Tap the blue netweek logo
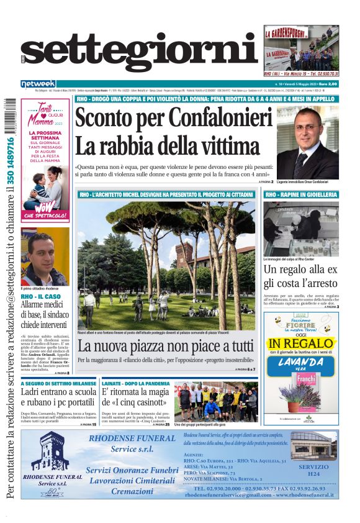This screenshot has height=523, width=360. pos(38,84)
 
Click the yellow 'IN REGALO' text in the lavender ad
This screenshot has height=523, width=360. pos(302,343)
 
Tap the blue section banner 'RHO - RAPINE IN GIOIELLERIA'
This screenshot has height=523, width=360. pos(301,195)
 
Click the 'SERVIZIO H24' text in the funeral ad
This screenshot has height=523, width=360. pos(313,470)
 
